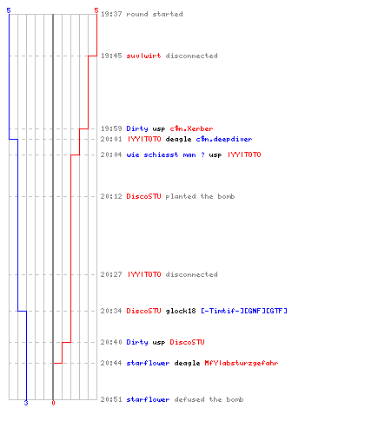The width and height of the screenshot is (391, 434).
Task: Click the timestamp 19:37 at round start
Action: (111, 14)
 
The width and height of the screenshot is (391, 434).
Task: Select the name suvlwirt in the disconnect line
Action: (143, 56)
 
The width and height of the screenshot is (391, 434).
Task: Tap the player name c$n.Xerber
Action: (191, 128)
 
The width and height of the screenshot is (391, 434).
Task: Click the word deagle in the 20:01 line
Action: (178, 139)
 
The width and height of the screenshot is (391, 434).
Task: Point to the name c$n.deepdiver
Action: (224, 139)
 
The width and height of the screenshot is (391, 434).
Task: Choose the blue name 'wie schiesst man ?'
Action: (165, 155)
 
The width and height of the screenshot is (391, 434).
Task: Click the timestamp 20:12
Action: (111, 196)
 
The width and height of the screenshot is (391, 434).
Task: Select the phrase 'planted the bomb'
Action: (200, 196)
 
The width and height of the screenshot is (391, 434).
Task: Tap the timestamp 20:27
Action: (111, 274)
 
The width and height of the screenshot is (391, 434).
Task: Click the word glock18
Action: (181, 311)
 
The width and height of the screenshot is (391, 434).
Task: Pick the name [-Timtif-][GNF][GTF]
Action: (244, 311)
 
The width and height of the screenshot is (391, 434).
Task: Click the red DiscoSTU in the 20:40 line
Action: (187, 342)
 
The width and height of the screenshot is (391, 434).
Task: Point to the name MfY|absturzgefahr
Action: (242, 363)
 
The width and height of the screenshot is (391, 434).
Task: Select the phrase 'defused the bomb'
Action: (209, 399)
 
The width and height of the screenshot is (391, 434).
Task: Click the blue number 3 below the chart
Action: (26, 403)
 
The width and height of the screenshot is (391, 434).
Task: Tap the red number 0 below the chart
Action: (53, 403)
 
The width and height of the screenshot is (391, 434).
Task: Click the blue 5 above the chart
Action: (9, 10)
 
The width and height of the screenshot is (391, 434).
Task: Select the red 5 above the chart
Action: (96, 10)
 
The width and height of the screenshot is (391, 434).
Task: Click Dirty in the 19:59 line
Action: (137, 128)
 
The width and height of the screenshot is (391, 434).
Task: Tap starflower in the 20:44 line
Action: (148, 363)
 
